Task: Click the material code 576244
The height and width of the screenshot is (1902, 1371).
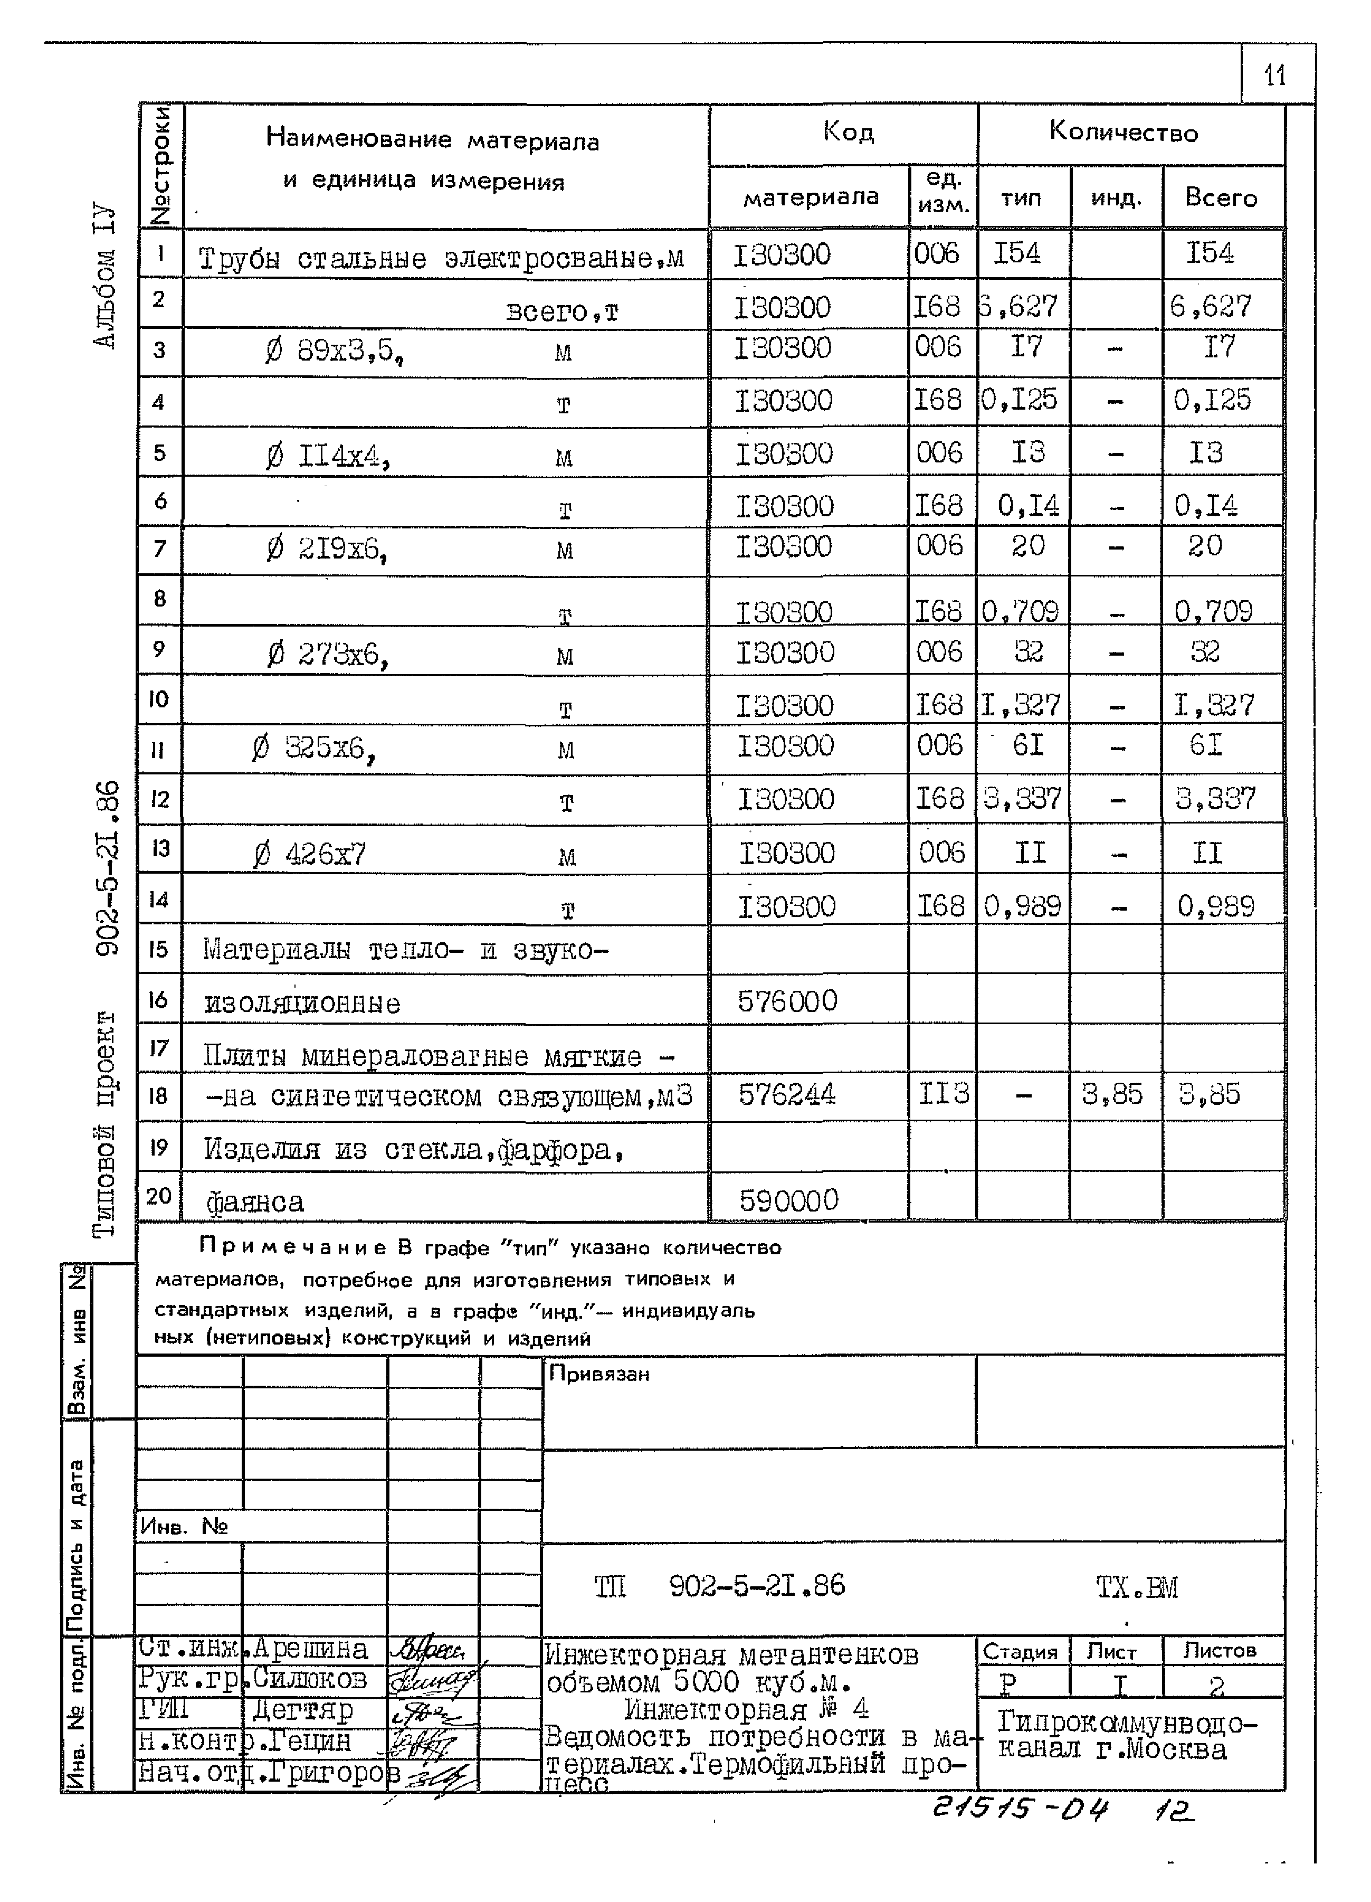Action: point(786,1094)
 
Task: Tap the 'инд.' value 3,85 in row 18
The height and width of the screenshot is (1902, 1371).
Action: point(1112,1094)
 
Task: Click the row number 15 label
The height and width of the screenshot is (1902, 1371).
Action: point(158,949)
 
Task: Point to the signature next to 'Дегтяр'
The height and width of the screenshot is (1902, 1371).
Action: point(427,1711)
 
